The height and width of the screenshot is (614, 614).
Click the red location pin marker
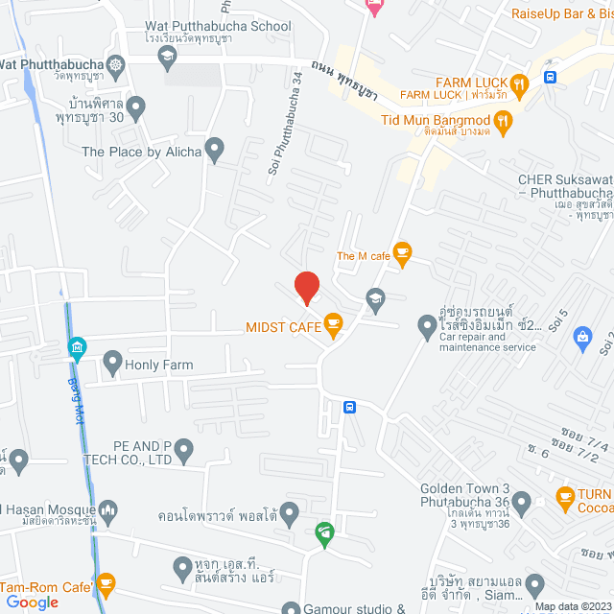[x=306, y=287]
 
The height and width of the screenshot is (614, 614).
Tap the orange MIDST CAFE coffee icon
[x=333, y=323]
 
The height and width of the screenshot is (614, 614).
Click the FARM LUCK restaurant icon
[x=519, y=83]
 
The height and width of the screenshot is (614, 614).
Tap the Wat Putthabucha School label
[x=217, y=27]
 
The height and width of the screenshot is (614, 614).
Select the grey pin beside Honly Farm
[x=112, y=364]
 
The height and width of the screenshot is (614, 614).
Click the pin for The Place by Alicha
[x=215, y=150]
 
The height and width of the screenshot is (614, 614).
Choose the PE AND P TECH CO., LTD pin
[x=185, y=449]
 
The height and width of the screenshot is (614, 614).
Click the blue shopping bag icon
[x=581, y=336]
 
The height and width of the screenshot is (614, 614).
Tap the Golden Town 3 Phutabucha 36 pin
[x=522, y=501]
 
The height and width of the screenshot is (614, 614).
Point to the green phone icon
[x=325, y=531]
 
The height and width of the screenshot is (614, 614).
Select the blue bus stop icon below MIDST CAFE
[x=350, y=407]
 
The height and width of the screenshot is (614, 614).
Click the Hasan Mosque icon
[x=108, y=509]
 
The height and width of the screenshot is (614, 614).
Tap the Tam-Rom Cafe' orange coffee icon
[x=105, y=584]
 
